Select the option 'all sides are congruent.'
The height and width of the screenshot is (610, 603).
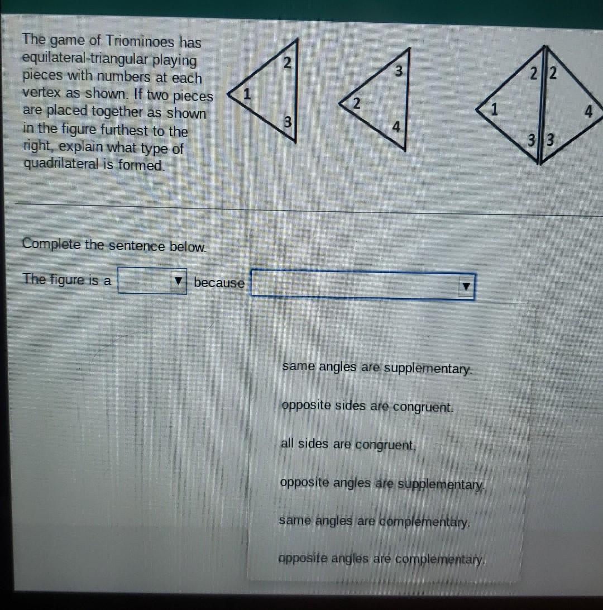(x=348, y=445)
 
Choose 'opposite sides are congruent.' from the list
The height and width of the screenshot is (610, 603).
(x=367, y=407)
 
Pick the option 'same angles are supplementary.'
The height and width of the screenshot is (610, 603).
(x=377, y=368)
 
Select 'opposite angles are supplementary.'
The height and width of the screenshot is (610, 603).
(x=382, y=483)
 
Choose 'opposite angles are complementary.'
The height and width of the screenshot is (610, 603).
(x=381, y=559)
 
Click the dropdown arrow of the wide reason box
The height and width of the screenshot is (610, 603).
(x=465, y=287)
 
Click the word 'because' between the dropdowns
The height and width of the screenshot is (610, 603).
(x=219, y=283)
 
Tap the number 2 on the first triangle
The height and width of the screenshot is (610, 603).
(x=286, y=63)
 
